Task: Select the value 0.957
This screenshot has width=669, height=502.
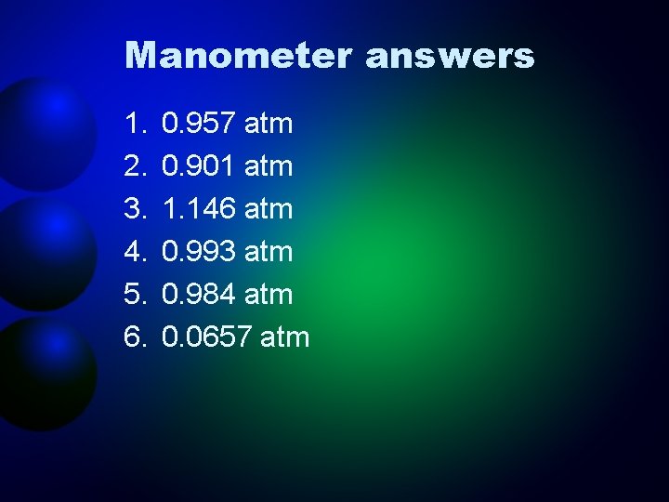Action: click(x=198, y=124)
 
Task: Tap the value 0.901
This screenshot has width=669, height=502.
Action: click(x=198, y=166)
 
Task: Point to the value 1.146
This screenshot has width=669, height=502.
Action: click(x=198, y=209)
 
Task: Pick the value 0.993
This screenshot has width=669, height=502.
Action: click(x=198, y=252)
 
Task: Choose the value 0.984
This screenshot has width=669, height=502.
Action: click(x=198, y=295)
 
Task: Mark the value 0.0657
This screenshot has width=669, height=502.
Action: click(x=206, y=337)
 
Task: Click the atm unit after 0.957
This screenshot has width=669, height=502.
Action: click(x=269, y=125)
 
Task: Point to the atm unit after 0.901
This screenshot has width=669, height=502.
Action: click(x=269, y=167)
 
